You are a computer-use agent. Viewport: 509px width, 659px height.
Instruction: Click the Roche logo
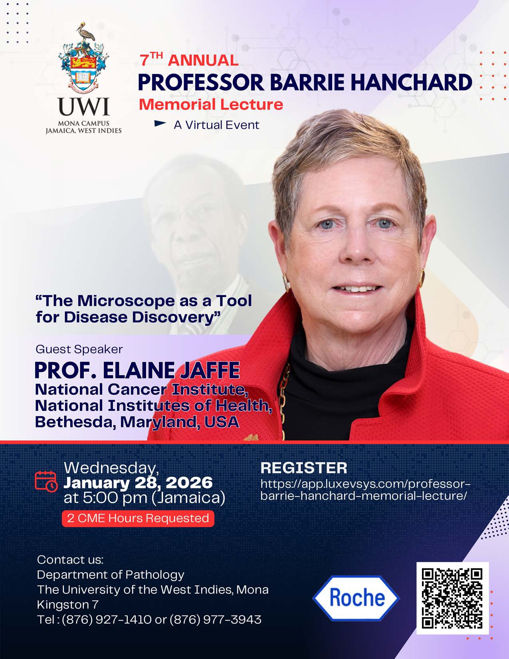(356, 598)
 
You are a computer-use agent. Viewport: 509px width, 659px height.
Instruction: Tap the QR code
(452, 598)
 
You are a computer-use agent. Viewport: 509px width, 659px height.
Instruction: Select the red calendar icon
(46, 481)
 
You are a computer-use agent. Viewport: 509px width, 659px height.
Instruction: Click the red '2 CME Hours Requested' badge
(138, 518)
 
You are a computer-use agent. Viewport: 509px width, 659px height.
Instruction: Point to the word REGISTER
(303, 468)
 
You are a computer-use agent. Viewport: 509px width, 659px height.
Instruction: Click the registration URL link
(365, 490)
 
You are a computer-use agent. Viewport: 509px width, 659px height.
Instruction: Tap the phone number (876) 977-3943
(216, 619)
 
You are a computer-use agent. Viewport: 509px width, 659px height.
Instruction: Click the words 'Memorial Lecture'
(211, 104)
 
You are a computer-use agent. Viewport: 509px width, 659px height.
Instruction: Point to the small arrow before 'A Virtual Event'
(160, 124)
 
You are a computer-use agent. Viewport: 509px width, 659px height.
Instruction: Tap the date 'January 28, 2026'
(138, 482)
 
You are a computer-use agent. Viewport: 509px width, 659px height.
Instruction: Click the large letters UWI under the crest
(83, 107)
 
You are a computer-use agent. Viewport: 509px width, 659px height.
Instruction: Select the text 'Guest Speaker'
(79, 349)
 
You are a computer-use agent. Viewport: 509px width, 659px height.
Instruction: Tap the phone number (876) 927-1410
(107, 619)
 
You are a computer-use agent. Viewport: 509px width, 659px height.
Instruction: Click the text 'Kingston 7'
(67, 605)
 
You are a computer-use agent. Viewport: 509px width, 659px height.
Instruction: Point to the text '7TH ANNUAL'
(189, 60)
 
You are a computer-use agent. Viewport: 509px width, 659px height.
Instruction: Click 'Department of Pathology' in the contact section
(111, 575)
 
